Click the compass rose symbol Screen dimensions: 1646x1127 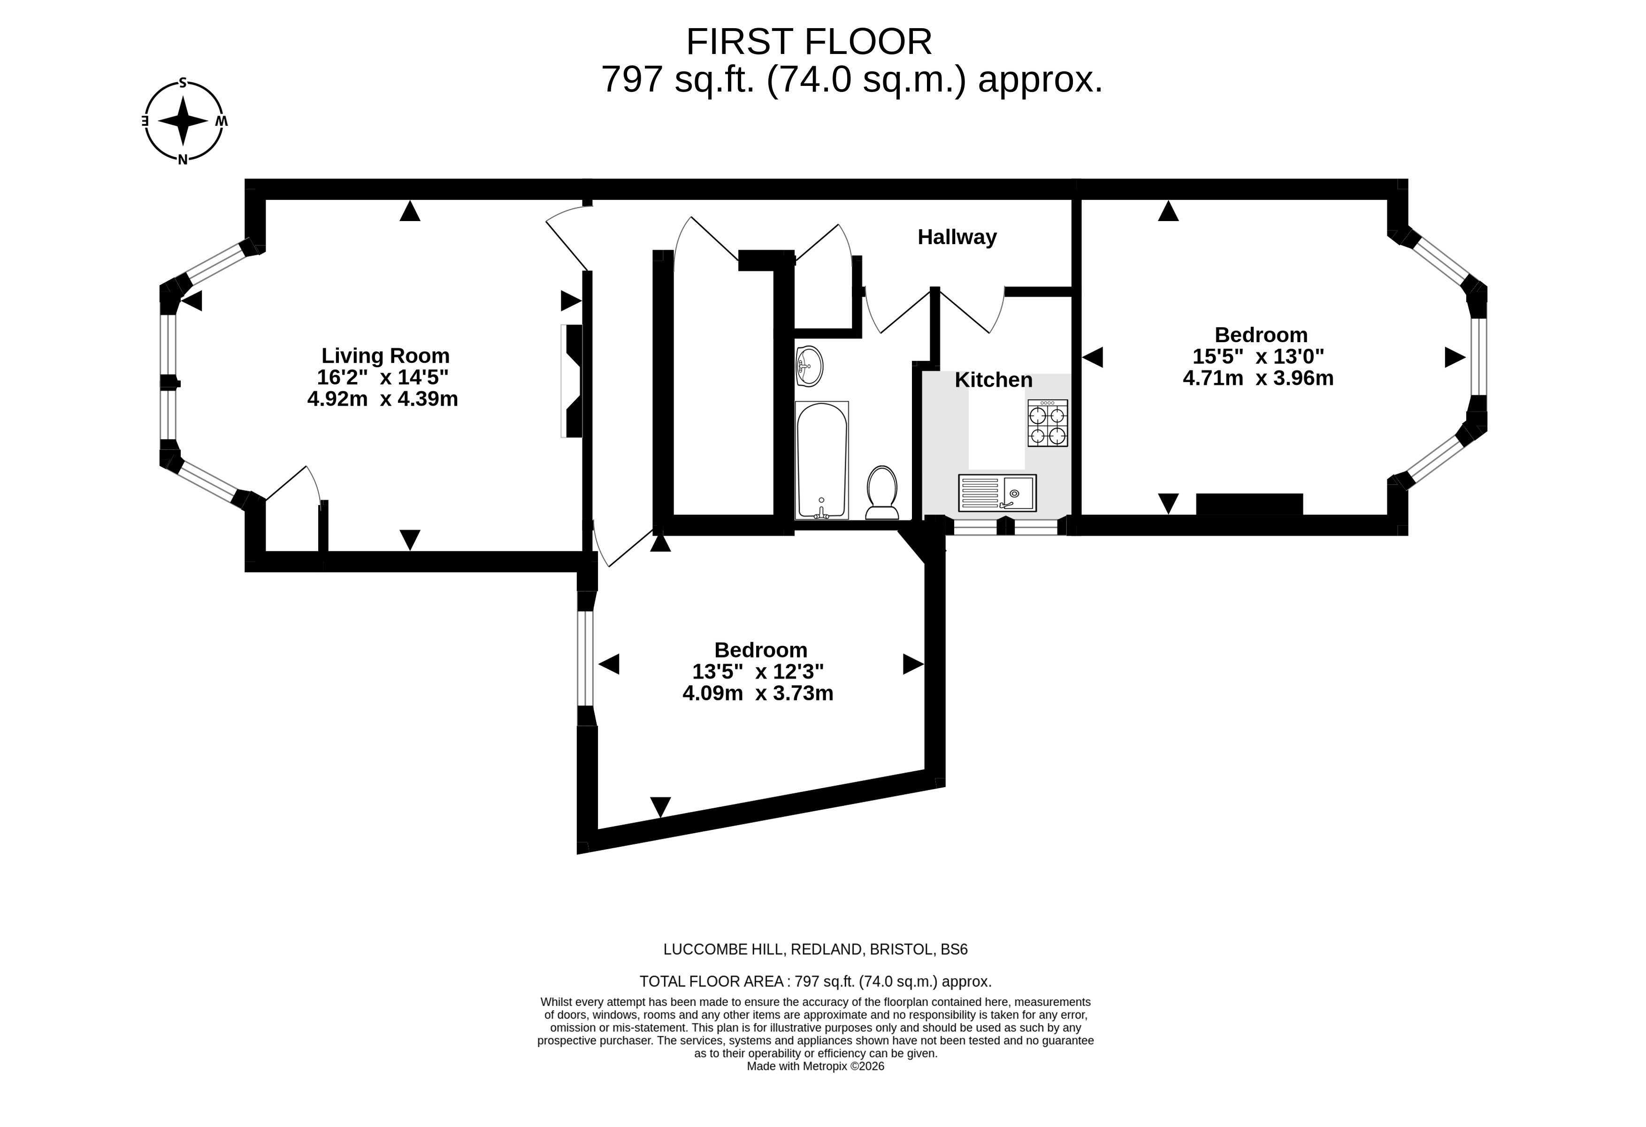(184, 121)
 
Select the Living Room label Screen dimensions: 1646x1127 (385, 356)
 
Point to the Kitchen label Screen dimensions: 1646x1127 (993, 380)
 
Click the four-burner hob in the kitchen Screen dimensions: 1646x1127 (1048, 423)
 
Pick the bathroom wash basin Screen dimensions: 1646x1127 (810, 366)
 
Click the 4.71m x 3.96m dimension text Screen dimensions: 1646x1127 (1258, 378)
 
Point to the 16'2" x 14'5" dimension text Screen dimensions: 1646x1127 (383, 377)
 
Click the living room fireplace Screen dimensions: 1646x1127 (572, 381)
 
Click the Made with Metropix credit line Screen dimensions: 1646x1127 (815, 1066)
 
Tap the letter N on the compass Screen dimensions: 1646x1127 (183, 160)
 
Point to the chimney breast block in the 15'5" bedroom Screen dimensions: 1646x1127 (1249, 504)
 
